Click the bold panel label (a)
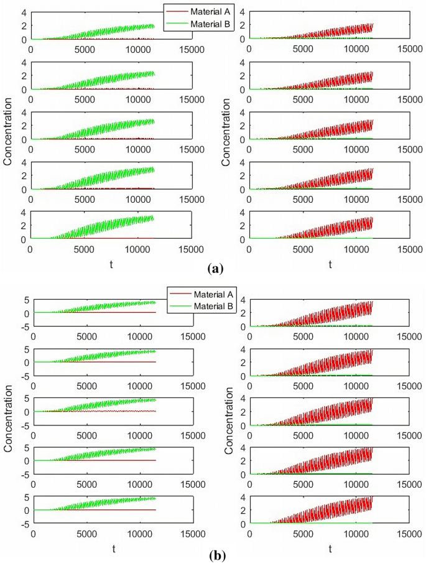[x=215, y=269]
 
